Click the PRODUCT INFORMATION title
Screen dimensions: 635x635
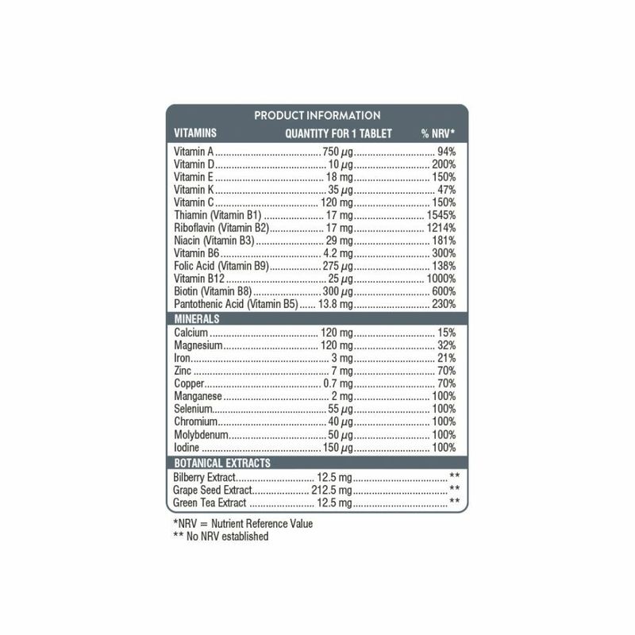[317, 116]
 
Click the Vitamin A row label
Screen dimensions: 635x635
[194, 152]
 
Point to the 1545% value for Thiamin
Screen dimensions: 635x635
[440, 215]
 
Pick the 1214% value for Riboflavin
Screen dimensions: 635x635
[440, 228]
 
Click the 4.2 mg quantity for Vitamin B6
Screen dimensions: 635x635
[337, 253]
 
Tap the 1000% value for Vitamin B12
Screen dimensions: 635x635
[440, 279]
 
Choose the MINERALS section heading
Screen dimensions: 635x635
[197, 319]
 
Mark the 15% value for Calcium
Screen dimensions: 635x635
[446, 333]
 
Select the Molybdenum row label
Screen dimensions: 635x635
[202, 435]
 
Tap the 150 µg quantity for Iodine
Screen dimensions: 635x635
[337, 448]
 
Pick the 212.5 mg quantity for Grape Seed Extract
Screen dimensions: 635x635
[331, 490]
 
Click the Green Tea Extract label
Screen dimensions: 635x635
[210, 502]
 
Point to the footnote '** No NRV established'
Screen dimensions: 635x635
[221, 537]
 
